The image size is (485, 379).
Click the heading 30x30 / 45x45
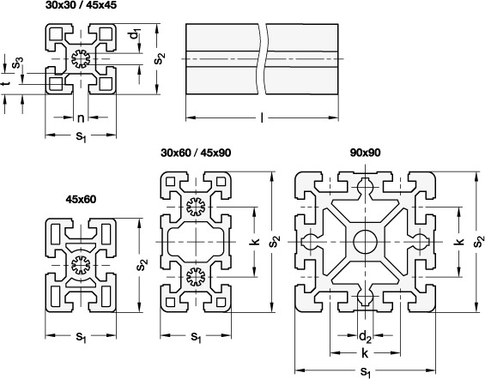coord(81,5)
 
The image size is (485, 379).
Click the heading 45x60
coord(81,200)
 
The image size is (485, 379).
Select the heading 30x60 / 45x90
coord(196,153)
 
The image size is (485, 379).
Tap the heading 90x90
coord(366,153)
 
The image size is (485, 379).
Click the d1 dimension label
coord(135,33)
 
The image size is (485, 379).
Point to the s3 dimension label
coord(17,63)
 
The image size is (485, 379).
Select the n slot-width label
coord(81,118)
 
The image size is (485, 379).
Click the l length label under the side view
coord(262,117)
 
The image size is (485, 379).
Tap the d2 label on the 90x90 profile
coord(366,336)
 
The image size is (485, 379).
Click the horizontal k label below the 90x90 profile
coord(366,353)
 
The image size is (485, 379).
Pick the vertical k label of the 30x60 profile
coord(255,242)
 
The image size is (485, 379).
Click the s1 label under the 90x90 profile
coord(366,372)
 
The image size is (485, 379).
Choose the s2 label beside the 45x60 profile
coord(142,265)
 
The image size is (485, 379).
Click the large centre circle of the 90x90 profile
coord(366,242)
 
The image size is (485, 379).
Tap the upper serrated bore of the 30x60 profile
coord(196,207)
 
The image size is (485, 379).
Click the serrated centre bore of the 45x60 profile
coord(81,265)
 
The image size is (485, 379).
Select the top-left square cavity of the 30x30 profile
coord(57,33)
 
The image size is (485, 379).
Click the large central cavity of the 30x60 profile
coord(196,242)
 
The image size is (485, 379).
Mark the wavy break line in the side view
coord(262,59)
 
